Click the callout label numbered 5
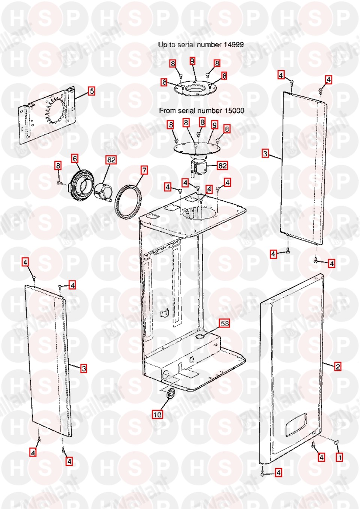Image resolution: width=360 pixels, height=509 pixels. (91, 91)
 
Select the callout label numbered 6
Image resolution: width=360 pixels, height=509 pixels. (75, 158)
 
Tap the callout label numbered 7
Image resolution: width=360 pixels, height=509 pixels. (144, 170)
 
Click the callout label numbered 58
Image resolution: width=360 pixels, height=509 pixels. (224, 323)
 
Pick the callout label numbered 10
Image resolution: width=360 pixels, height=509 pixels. (157, 415)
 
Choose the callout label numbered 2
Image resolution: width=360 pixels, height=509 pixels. (338, 366)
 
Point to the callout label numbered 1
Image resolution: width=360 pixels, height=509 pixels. (339, 457)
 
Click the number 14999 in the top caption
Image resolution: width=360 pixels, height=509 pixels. (234, 45)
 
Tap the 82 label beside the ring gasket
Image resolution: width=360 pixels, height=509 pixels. (111, 160)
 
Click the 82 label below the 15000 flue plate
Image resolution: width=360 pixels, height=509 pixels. (222, 165)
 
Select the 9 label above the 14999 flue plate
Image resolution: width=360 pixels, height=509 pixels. (192, 61)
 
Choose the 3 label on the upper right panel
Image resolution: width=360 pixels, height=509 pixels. (265, 154)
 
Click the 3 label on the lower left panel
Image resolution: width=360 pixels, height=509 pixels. (84, 368)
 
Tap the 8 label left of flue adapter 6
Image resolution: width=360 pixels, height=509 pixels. (58, 165)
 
